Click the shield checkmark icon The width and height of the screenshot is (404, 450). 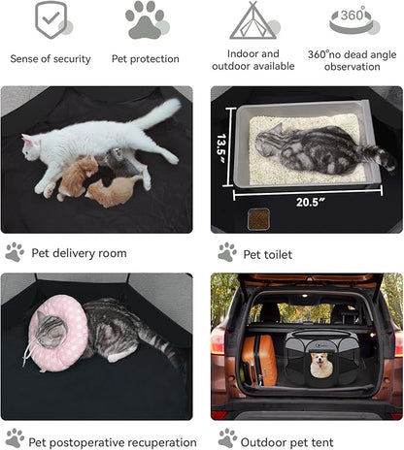[51, 19]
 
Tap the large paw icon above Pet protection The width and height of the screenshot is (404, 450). [146, 20]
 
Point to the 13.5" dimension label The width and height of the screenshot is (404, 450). [221, 148]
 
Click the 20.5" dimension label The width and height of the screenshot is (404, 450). [310, 203]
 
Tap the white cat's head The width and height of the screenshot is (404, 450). [32, 147]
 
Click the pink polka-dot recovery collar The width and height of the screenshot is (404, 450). [57, 333]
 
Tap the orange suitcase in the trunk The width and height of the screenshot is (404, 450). [259, 360]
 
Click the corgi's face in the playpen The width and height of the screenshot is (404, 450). [320, 365]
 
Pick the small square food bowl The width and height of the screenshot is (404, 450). [258, 219]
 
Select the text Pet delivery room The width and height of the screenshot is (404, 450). [79, 253]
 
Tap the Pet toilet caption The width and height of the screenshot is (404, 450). [268, 254]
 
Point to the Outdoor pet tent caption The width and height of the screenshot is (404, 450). [286, 442]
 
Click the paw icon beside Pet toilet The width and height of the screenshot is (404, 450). [227, 252]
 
